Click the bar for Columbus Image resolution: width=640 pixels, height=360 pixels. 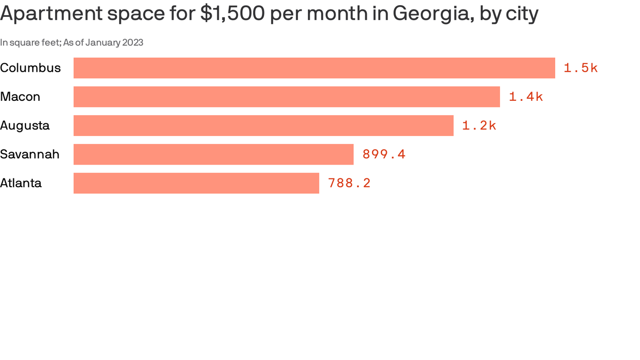[x=314, y=68]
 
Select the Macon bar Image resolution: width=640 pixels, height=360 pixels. [x=286, y=97]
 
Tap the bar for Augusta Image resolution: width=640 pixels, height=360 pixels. [x=263, y=126]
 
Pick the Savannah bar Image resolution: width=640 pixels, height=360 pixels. [x=213, y=154]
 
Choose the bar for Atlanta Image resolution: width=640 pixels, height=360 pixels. [x=196, y=183]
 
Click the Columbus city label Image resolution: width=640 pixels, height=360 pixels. [x=30, y=68]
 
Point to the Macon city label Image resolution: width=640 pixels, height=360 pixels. [x=20, y=97]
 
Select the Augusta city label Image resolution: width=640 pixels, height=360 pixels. [x=25, y=126]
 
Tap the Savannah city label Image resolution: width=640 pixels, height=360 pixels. [x=30, y=154]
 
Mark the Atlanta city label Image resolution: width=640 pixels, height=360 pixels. [x=21, y=183]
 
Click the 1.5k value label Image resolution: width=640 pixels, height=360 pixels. [x=580, y=68]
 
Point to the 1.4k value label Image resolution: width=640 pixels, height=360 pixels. [x=526, y=97]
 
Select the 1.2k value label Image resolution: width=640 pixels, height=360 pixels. [x=479, y=126]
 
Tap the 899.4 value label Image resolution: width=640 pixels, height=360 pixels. [x=384, y=154]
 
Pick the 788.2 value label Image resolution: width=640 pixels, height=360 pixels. [x=349, y=183]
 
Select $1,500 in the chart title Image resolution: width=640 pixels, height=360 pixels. [x=232, y=14]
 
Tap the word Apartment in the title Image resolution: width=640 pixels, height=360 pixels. [x=51, y=14]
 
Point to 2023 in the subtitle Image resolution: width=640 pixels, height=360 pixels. [x=133, y=43]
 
